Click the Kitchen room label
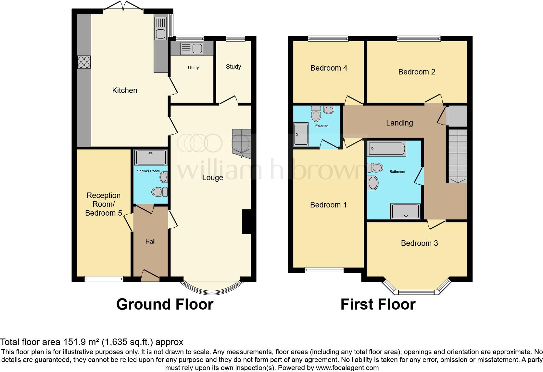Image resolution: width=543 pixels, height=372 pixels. [124, 90]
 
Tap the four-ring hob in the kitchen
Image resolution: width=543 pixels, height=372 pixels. [84, 62]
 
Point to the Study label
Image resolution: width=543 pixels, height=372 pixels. [234, 67]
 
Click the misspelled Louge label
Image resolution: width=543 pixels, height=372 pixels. [212, 178]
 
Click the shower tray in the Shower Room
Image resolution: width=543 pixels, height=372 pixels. [151, 157]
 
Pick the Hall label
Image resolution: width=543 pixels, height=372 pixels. [150, 242]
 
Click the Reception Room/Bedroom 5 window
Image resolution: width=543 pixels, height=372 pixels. [104, 279]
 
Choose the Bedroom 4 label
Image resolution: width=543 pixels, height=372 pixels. [329, 68]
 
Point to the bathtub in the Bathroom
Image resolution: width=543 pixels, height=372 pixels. [386, 149]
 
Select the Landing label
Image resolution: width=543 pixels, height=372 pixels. [399, 123]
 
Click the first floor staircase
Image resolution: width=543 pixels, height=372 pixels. [457, 155]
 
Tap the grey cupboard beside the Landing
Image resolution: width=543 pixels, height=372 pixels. [456, 116]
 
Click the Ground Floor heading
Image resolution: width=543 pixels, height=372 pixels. [165, 304]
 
